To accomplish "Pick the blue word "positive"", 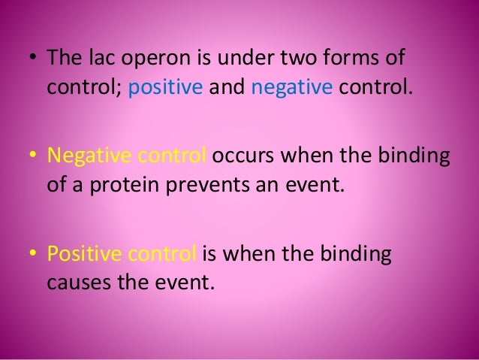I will [165, 89].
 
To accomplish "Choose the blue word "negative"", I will [291, 89].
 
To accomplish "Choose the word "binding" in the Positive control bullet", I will [360, 253].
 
